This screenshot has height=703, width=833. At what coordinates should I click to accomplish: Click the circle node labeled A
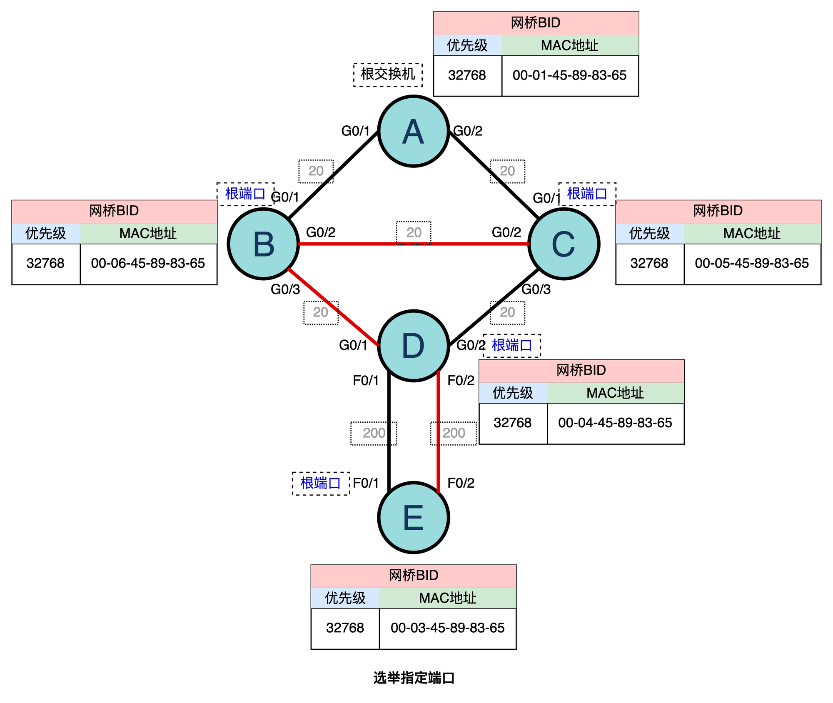point(413,131)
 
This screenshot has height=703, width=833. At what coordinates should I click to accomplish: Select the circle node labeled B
point(263,244)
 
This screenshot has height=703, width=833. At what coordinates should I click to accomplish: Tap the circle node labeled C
point(564,244)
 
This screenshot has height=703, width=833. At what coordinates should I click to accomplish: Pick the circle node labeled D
point(413,346)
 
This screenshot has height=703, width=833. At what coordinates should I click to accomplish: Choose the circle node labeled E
point(413,517)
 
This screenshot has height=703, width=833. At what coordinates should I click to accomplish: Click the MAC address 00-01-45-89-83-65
point(569,75)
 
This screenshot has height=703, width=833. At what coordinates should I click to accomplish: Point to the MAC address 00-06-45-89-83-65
point(148,263)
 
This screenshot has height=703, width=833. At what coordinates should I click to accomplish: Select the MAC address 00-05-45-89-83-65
point(752,263)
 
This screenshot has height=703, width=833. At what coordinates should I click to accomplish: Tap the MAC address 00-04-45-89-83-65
point(615,423)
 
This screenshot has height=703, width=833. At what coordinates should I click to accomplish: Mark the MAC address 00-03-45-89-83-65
point(447,628)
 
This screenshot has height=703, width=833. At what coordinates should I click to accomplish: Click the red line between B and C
point(354,244)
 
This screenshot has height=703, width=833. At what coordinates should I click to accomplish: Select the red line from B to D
point(333,307)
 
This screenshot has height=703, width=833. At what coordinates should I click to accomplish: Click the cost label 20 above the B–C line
point(414,232)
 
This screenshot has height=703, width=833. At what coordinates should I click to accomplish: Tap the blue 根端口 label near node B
point(245,194)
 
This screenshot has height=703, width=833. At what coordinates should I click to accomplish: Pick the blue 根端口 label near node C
point(586,194)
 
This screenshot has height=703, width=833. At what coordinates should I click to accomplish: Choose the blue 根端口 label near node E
point(320,483)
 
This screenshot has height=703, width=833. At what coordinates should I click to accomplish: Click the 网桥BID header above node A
point(536,23)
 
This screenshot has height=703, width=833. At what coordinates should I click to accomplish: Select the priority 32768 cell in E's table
point(345,628)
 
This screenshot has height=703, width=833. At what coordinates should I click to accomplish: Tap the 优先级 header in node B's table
point(46,233)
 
